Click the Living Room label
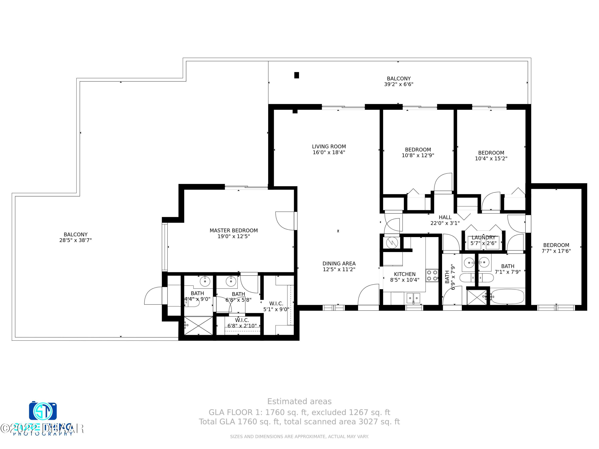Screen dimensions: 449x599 329,146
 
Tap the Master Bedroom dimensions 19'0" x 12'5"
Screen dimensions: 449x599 233,236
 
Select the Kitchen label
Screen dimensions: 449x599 405,274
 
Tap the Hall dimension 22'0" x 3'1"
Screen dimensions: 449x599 445,223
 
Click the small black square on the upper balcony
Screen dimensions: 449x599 297,75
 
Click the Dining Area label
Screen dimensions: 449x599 339,263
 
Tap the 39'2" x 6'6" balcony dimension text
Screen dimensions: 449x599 399,84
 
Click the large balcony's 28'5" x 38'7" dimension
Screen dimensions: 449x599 75,240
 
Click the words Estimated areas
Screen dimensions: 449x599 299,401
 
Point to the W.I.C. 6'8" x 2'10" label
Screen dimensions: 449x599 242,320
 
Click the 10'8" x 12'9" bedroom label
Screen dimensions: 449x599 418,150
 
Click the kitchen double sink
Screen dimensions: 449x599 413,298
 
